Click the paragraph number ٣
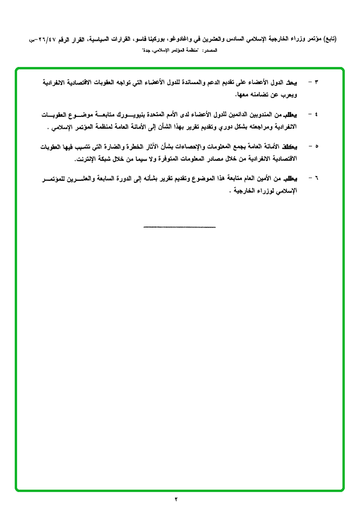[317, 83]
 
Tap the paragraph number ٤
[317, 115]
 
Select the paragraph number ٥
[317, 147]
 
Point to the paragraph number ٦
[317, 179]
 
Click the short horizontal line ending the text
[180, 227]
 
